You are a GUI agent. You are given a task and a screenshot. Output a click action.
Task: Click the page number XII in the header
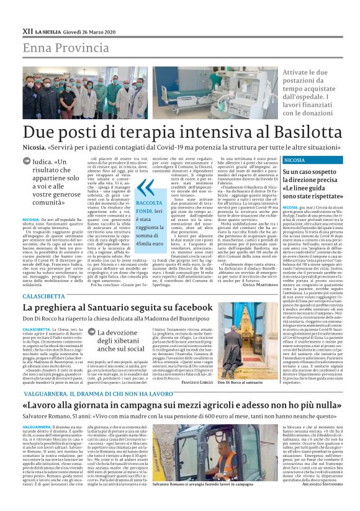point(27,29)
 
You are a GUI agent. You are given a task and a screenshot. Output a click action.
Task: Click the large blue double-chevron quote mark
point(144,188)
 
